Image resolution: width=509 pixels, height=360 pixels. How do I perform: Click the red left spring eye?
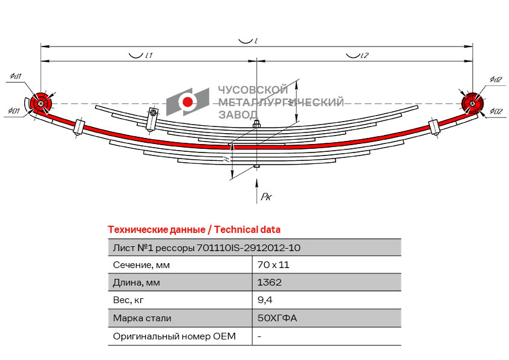point(41,104)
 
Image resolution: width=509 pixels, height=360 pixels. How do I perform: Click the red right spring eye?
point(472,103)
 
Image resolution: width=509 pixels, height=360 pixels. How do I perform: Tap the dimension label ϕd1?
point(16,76)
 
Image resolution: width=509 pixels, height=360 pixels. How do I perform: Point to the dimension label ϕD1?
point(15,111)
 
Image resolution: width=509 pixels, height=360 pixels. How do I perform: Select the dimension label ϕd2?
point(496,79)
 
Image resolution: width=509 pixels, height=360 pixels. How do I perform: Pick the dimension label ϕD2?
point(496,111)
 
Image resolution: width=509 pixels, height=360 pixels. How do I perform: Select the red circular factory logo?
point(188,102)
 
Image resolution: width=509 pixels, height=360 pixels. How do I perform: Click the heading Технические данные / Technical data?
point(193,229)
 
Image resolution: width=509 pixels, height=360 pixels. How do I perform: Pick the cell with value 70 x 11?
point(269,264)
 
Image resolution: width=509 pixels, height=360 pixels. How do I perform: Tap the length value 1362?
point(269,282)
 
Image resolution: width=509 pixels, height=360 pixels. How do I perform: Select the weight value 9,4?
point(264,299)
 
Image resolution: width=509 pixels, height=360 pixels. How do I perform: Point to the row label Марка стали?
point(142,318)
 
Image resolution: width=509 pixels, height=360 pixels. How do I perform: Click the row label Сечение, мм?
point(141,264)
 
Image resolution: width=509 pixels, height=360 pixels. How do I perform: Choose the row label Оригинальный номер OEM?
point(174,336)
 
